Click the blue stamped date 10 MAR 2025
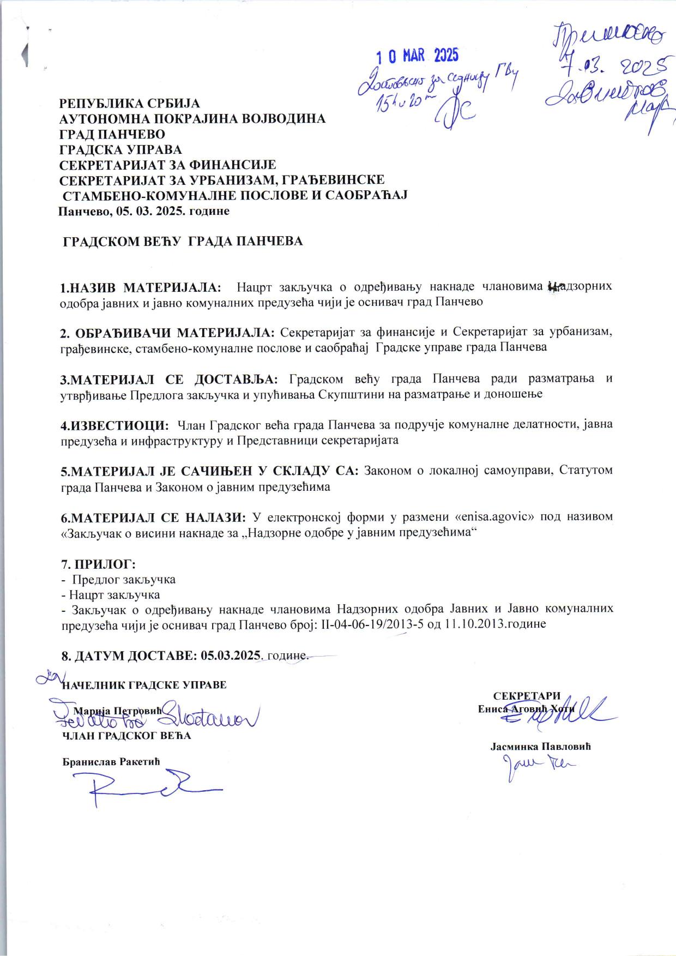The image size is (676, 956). pos(419,56)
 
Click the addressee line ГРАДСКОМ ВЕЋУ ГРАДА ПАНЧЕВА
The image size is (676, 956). pos(183,241)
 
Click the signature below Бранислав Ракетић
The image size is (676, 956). pos(153,786)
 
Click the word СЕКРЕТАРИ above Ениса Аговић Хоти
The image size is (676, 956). pos(527,696)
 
